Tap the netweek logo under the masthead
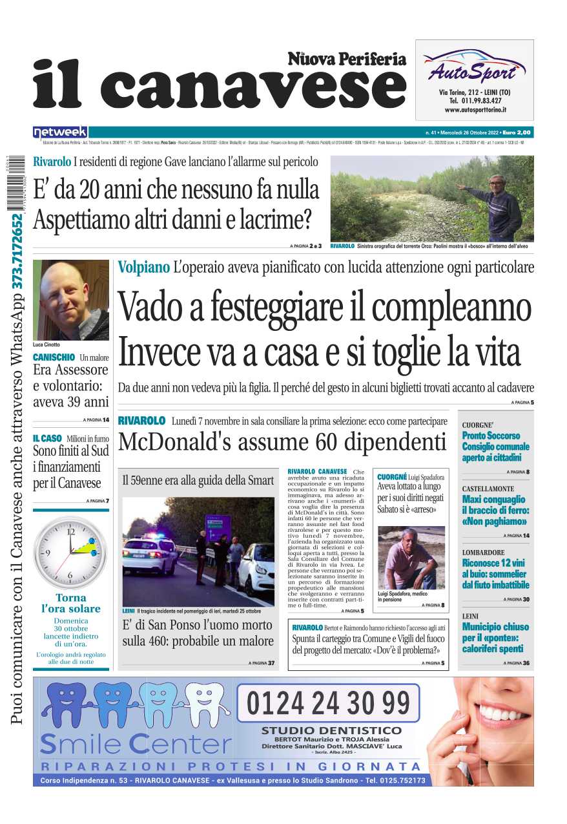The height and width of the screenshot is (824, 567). click(x=60, y=132)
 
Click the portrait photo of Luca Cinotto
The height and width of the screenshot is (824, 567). click(x=70, y=299)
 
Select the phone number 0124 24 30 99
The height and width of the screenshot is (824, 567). click(x=328, y=703)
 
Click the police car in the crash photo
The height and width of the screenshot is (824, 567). click(x=149, y=555)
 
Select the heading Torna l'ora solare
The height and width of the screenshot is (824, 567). click(x=70, y=603)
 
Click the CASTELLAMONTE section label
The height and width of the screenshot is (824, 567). click(x=488, y=489)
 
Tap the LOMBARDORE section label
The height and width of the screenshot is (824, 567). click(x=483, y=553)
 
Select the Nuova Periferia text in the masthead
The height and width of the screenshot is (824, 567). click(x=347, y=59)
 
